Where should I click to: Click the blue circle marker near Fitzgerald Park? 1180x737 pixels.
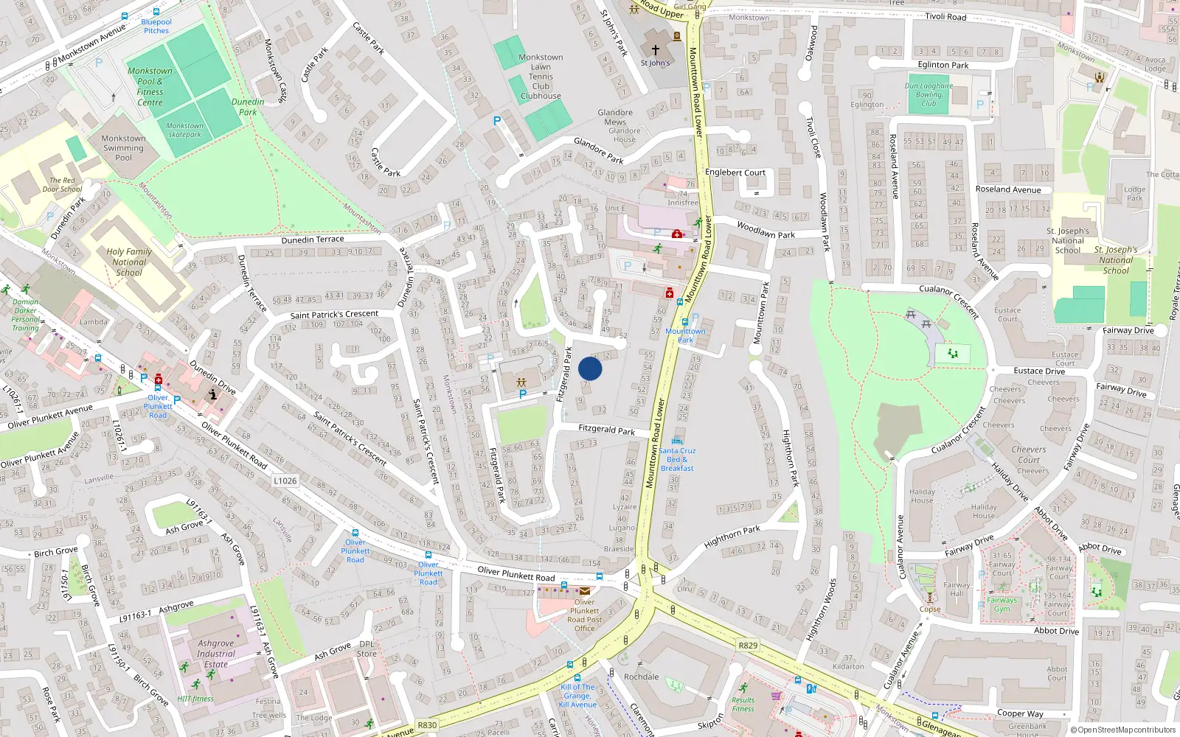pyautogui.click(x=590, y=368)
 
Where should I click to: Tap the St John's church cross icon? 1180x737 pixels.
pyautogui.click(x=655, y=50)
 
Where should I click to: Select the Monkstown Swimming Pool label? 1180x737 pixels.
pyautogui.click(x=123, y=147)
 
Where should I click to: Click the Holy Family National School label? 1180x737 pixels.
pyautogui.click(x=129, y=262)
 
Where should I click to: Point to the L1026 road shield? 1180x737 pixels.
pyautogui.click(x=285, y=481)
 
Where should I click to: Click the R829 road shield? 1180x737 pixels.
pyautogui.click(x=748, y=645)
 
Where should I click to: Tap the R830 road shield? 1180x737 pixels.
pyautogui.click(x=427, y=724)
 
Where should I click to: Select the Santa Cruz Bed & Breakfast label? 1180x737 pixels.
pyautogui.click(x=677, y=459)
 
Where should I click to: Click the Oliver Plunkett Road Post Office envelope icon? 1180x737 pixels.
pyautogui.click(x=585, y=591)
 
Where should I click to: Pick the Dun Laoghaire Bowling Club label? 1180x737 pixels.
pyautogui.click(x=929, y=94)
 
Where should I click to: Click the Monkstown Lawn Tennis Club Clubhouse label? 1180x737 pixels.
pyautogui.click(x=541, y=77)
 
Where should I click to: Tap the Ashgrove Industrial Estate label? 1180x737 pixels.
pyautogui.click(x=216, y=654)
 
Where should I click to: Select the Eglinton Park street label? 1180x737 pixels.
pyautogui.click(x=943, y=65)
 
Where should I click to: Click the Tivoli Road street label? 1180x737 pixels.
pyautogui.click(x=945, y=16)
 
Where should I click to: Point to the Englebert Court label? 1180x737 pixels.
pyautogui.click(x=735, y=172)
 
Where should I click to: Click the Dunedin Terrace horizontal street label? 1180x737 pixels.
pyautogui.click(x=313, y=240)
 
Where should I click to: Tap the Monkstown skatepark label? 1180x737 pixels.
pyautogui.click(x=184, y=130)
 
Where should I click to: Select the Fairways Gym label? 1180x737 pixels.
pyautogui.click(x=1002, y=604)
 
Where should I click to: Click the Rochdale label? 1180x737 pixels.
pyautogui.click(x=641, y=677)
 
